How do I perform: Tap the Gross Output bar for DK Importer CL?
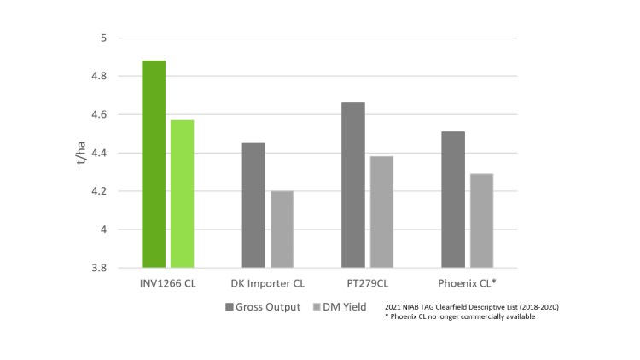pos(253,205)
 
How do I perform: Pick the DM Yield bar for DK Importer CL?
pos(282,229)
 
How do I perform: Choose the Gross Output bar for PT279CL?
pos(352,185)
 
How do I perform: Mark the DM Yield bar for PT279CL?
pos(381,212)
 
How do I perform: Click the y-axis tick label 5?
pos(103,38)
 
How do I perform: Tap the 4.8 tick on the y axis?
pos(99,77)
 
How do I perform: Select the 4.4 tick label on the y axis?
pos(99,154)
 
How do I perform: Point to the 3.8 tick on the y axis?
pos(99,268)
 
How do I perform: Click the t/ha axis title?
pos(82,153)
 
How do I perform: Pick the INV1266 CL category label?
pos(168,282)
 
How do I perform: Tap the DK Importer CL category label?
pos(267,282)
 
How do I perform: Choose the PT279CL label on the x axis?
pos(367,282)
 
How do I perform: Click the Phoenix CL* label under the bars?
pos(467,282)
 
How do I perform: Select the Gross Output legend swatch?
pos(230,306)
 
